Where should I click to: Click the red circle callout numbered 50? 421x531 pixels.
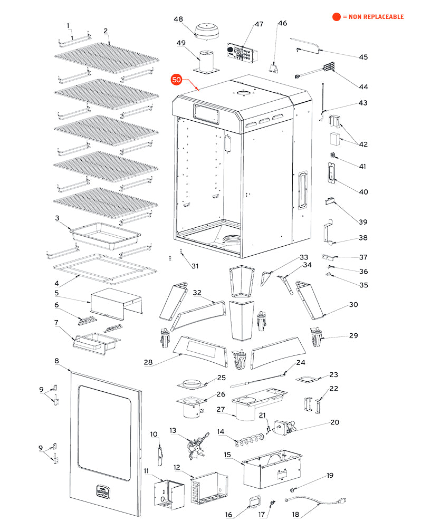[176, 80]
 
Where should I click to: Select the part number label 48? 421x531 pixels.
[179, 20]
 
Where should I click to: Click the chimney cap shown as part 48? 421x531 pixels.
[204, 31]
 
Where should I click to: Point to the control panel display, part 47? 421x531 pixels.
[242, 53]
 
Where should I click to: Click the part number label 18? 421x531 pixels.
[295, 514]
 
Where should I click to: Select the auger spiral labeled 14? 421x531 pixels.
[247, 438]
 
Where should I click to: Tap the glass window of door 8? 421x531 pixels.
[104, 432]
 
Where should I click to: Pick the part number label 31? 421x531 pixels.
[195, 265]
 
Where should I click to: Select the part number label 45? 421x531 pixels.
[363, 57]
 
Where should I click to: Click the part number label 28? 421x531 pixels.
[149, 362]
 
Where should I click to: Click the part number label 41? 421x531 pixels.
[362, 166]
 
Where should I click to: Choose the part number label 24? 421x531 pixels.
[301, 363]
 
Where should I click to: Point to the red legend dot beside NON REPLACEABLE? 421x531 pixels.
[336, 17]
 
